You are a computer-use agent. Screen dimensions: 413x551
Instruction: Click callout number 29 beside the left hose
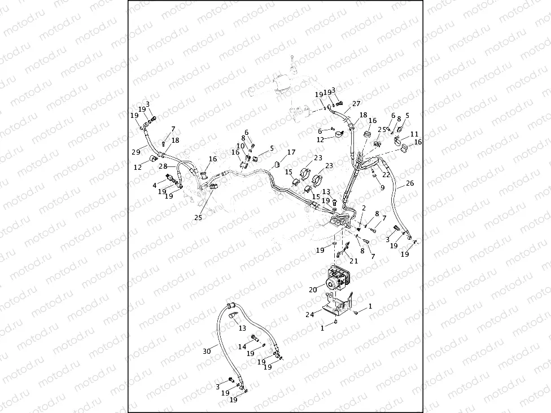pos(136,152)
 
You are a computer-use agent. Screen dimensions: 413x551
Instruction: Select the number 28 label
pos(162,166)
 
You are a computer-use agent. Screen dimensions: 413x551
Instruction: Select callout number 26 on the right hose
pos(410,183)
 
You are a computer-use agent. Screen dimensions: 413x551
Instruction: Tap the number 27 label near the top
pos(356,104)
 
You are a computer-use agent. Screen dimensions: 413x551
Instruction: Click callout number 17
pos(291,152)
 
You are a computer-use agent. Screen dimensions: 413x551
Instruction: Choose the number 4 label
pos(154,185)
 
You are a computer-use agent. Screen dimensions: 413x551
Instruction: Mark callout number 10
pos(240,146)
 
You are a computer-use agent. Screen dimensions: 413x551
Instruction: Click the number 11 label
pos(414,134)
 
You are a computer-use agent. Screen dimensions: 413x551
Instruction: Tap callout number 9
pos(382,187)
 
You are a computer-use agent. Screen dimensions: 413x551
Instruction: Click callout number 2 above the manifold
pos(364,208)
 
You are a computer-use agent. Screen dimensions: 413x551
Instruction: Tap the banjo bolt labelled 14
pos(256,339)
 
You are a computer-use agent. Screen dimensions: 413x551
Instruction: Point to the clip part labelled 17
pos(278,164)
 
